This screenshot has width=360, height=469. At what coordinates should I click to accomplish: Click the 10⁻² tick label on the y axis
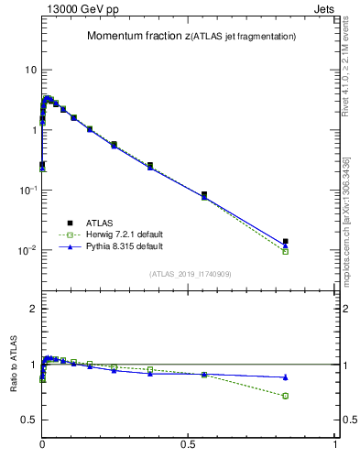click(x=27, y=250)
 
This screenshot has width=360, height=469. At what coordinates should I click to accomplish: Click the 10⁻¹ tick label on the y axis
click(x=27, y=190)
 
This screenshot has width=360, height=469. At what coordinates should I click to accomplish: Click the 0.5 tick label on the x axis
click(x=189, y=443)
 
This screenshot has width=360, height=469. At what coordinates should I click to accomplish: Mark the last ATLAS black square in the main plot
click(x=286, y=242)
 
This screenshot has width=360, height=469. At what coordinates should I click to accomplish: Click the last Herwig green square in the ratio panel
click(x=286, y=396)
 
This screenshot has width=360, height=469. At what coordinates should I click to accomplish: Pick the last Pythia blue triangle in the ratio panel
click(x=286, y=377)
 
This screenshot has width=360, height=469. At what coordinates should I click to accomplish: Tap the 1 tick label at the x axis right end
click(x=335, y=443)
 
